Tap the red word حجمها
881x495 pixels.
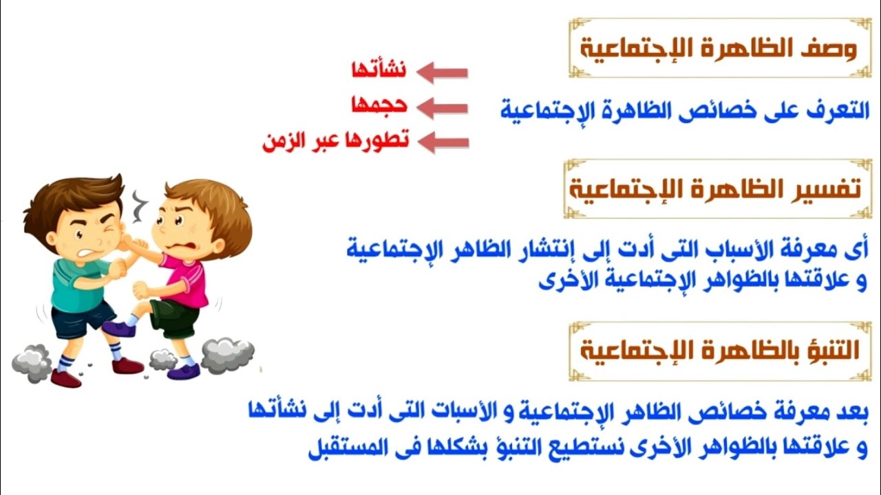379,105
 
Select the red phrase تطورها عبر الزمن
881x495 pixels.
336,141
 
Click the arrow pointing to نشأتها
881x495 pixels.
443,72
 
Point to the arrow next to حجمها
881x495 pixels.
443,108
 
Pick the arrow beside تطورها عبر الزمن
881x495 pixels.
443,143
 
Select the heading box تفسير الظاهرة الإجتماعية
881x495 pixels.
715,188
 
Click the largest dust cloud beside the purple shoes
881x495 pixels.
227,354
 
